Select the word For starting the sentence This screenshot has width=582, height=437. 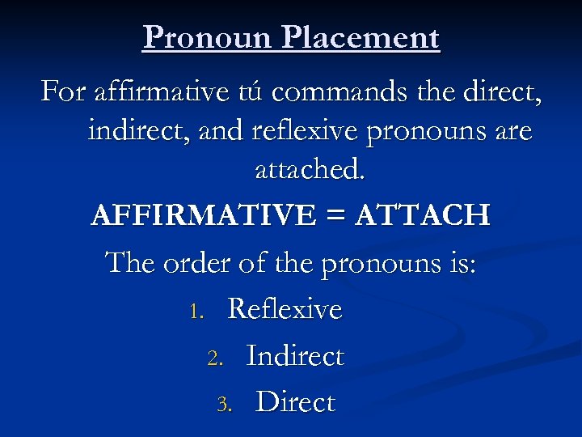[x=62, y=92]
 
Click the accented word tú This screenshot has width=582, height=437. [x=247, y=92]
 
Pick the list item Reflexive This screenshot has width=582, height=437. [x=285, y=309]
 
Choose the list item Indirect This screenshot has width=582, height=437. [x=295, y=356]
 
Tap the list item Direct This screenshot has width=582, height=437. [x=295, y=402]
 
